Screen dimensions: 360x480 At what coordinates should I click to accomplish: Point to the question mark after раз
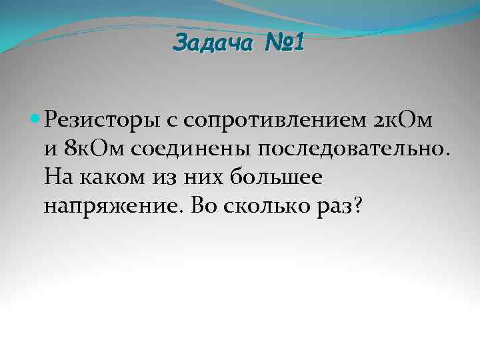[357, 205]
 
